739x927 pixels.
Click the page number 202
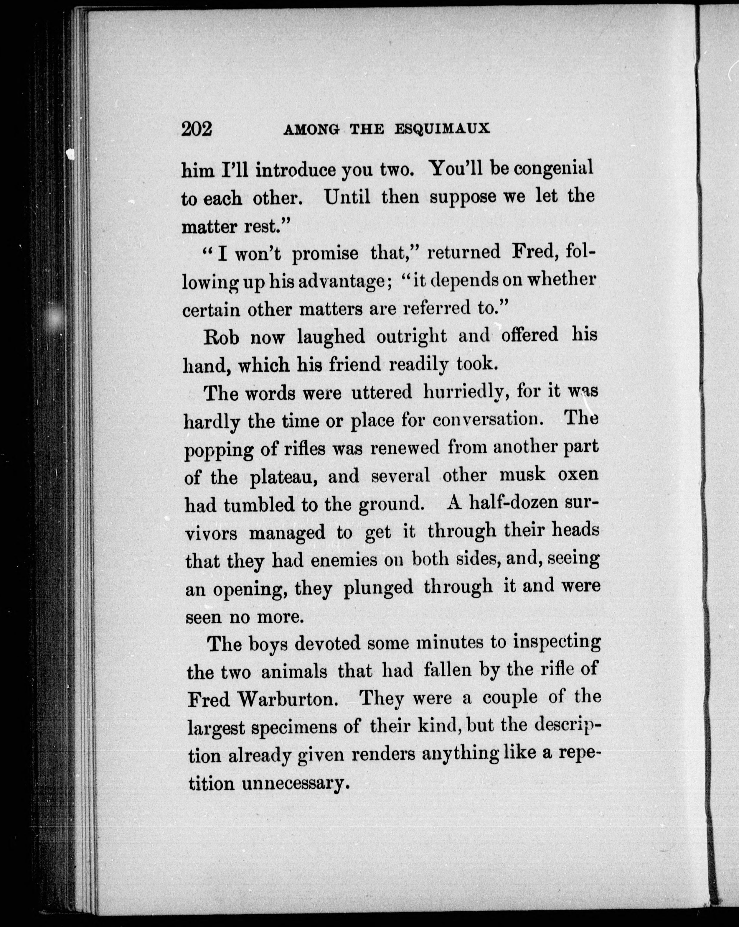197,129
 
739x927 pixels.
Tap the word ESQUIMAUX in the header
443,129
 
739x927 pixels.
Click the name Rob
221,337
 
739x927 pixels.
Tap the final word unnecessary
293,783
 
